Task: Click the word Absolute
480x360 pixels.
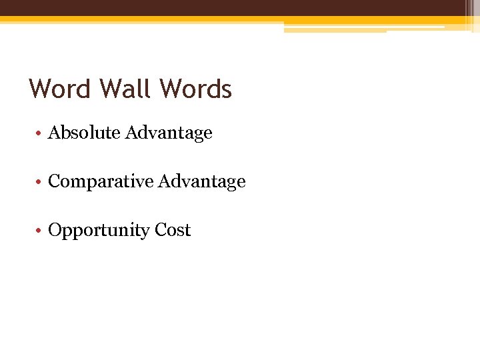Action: (84, 133)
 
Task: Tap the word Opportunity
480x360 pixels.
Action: (99, 231)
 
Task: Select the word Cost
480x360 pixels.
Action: (173, 230)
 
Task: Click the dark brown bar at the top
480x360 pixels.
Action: (240, 7)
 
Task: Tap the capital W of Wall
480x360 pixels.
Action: (109, 89)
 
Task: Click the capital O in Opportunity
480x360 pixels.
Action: (55, 230)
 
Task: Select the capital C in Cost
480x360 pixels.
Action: (161, 230)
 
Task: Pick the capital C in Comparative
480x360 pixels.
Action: (55, 181)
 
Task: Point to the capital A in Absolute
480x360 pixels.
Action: (55, 133)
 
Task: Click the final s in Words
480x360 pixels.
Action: (226, 91)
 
